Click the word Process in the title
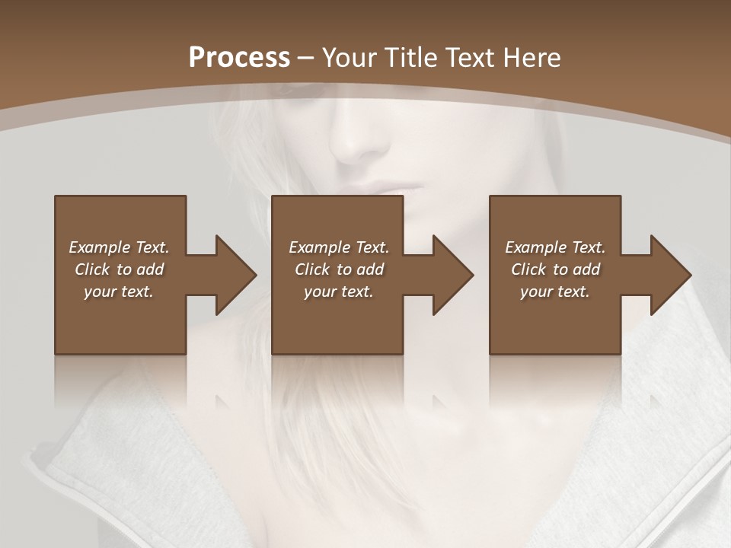pos(239,58)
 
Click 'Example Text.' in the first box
pos(119,247)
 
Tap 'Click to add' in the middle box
pos(339,269)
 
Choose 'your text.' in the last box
pos(555,292)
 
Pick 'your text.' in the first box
pos(119,292)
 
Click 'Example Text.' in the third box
pos(555,247)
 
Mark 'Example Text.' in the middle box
pos(339,247)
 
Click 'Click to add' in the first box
pos(119,269)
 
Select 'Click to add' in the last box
pos(555,269)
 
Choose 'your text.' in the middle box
pos(339,292)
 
